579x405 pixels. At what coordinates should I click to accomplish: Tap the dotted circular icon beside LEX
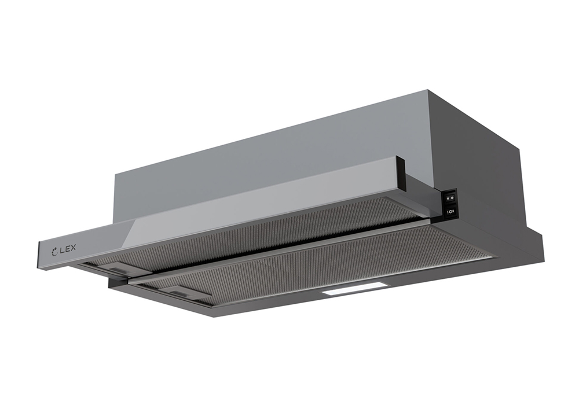pyautogui.click(x=54, y=252)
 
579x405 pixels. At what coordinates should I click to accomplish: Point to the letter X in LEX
pyautogui.click(x=72, y=248)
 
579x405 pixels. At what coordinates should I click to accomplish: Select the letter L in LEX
pyautogui.click(x=62, y=250)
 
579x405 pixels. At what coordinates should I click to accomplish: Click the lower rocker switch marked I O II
pyautogui.click(x=451, y=211)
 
